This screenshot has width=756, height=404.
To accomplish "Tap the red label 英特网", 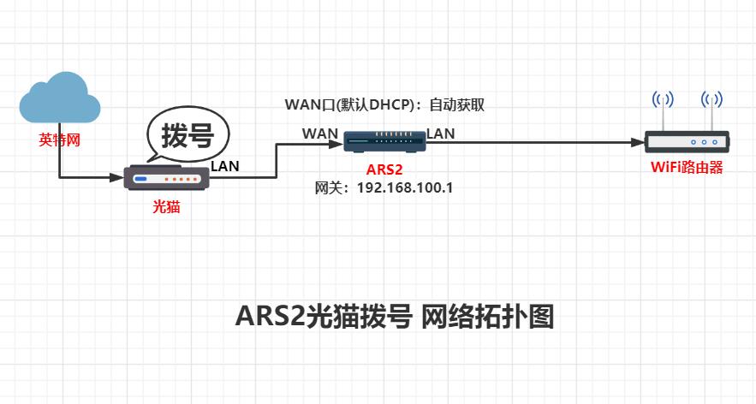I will (60, 140).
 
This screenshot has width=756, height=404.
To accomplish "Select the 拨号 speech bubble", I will (188, 137).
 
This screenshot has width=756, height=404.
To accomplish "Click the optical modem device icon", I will (168, 178).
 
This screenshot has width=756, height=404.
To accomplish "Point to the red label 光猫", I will (166, 206).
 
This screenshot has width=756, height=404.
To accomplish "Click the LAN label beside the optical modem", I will (225, 165).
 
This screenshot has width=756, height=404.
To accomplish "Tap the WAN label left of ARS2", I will (319, 134).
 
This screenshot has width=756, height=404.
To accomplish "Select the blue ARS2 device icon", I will (384, 140).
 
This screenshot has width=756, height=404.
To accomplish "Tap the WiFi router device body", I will (686, 142).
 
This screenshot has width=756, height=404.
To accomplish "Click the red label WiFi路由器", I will (687, 168).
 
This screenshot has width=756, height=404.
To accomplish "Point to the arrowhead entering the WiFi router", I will (636, 141).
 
